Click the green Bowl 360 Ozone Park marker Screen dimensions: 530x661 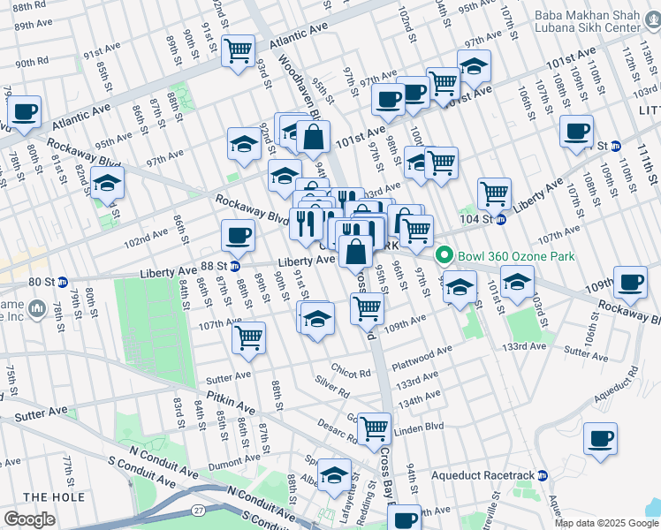(444, 257)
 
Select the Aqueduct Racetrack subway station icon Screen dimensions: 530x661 (542, 475)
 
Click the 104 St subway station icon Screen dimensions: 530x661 (500, 219)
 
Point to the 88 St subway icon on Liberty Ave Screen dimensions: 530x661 (235, 265)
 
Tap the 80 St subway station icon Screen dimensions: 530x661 (62, 283)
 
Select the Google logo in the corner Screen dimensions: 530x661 (29, 519)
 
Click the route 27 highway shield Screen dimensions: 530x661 (197, 511)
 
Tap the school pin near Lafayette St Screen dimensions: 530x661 (334, 474)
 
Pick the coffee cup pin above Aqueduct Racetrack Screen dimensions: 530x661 (600, 438)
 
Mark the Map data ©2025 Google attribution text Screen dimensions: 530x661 (606, 523)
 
